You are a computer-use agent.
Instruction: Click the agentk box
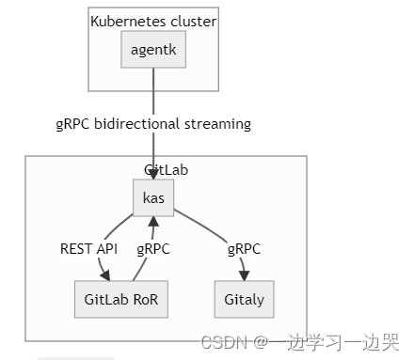click(x=153, y=50)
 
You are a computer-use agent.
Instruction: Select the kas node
click(x=153, y=196)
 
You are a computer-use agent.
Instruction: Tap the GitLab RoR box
click(x=120, y=300)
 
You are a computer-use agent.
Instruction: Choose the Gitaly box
click(x=245, y=300)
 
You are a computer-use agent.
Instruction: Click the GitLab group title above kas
click(x=167, y=169)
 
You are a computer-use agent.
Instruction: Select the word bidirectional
click(x=145, y=124)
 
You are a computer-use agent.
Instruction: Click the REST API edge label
click(x=89, y=249)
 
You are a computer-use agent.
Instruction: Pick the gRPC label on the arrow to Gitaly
click(x=244, y=249)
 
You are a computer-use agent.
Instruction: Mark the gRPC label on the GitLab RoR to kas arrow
click(x=153, y=249)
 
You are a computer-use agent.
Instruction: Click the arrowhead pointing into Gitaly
click(x=246, y=276)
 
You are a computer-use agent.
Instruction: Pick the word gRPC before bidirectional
click(x=73, y=124)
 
